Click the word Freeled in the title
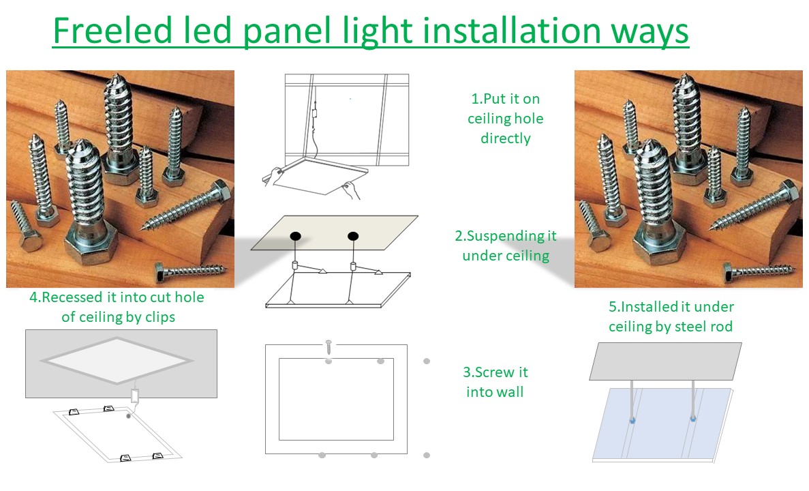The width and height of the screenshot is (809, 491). click(112, 31)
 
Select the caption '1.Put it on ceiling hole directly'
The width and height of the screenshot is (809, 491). click(505, 118)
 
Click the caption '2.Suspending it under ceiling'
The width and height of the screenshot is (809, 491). click(506, 245)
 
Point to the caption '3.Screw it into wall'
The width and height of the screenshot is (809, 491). click(495, 382)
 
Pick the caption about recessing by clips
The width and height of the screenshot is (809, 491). click(117, 307)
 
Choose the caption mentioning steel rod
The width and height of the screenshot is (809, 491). click(671, 316)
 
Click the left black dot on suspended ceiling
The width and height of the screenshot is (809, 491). click(295, 236)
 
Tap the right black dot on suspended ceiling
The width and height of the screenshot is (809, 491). click(353, 236)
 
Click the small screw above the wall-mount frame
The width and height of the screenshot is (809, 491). click(328, 347)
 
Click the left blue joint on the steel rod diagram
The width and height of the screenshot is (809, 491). click(632, 421)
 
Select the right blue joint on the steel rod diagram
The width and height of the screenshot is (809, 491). click(693, 418)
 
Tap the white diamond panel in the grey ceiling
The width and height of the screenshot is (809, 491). click(117, 360)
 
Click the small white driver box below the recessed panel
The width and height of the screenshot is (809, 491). click(135, 396)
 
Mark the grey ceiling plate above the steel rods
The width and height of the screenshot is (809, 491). click(666, 361)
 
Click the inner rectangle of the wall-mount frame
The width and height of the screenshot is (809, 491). click(337, 399)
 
